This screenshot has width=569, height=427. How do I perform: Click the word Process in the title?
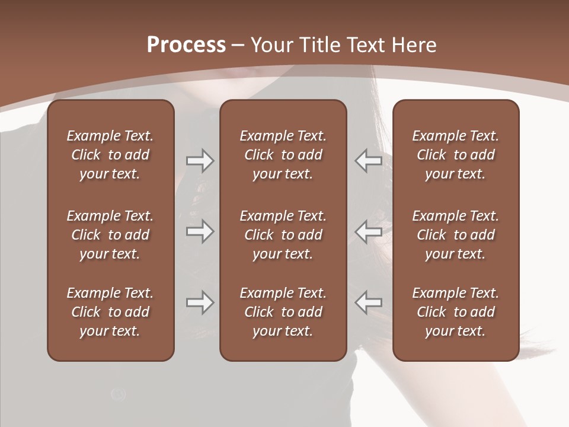(x=186, y=45)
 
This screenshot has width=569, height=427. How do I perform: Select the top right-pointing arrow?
(x=200, y=161)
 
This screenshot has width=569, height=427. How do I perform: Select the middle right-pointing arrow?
(x=200, y=231)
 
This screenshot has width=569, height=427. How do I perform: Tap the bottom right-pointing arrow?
(x=200, y=302)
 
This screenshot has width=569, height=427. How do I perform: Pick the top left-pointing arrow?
(x=369, y=161)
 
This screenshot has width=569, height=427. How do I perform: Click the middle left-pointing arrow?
(x=369, y=231)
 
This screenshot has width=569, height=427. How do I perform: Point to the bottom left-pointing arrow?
(x=369, y=302)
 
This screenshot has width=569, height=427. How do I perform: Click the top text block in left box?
(x=110, y=155)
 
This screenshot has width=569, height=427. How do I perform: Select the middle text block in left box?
(x=110, y=235)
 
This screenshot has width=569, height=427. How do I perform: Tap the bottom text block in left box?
(x=110, y=312)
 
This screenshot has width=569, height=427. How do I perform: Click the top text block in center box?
(x=283, y=155)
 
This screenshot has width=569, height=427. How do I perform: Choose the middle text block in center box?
(x=283, y=235)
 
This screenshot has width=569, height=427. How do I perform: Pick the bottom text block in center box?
(x=283, y=312)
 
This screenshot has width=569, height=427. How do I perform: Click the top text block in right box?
(x=455, y=155)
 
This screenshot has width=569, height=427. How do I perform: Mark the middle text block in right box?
(x=455, y=235)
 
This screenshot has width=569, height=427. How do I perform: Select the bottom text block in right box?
(x=455, y=312)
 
